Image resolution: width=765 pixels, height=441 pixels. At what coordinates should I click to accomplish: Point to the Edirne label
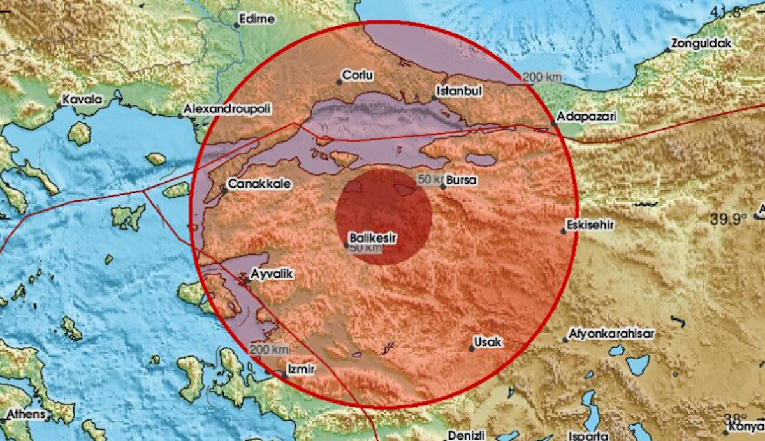point(258,19)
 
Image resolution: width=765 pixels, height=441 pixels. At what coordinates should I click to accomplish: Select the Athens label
point(26,414)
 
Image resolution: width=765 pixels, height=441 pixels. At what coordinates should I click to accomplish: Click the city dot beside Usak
point(472,348)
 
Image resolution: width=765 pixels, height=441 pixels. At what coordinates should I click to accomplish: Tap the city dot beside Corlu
point(339,82)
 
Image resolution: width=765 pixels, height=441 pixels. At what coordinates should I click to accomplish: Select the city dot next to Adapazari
point(553,124)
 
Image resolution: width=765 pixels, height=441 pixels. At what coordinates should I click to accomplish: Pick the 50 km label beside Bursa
point(430,179)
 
